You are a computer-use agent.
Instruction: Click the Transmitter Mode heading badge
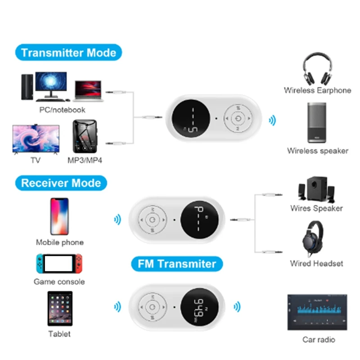tap(69, 53)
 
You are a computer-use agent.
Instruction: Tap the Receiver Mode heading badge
tap(61, 183)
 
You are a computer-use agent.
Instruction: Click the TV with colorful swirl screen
tap(36, 139)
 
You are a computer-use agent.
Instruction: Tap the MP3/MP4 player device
tap(85, 137)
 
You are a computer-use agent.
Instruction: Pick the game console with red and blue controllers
tap(59, 264)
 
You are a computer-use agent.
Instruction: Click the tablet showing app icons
tap(59, 309)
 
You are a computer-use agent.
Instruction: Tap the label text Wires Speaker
tap(316, 208)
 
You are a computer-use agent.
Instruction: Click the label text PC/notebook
tap(62, 109)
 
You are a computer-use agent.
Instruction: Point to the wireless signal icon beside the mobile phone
tap(117, 220)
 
